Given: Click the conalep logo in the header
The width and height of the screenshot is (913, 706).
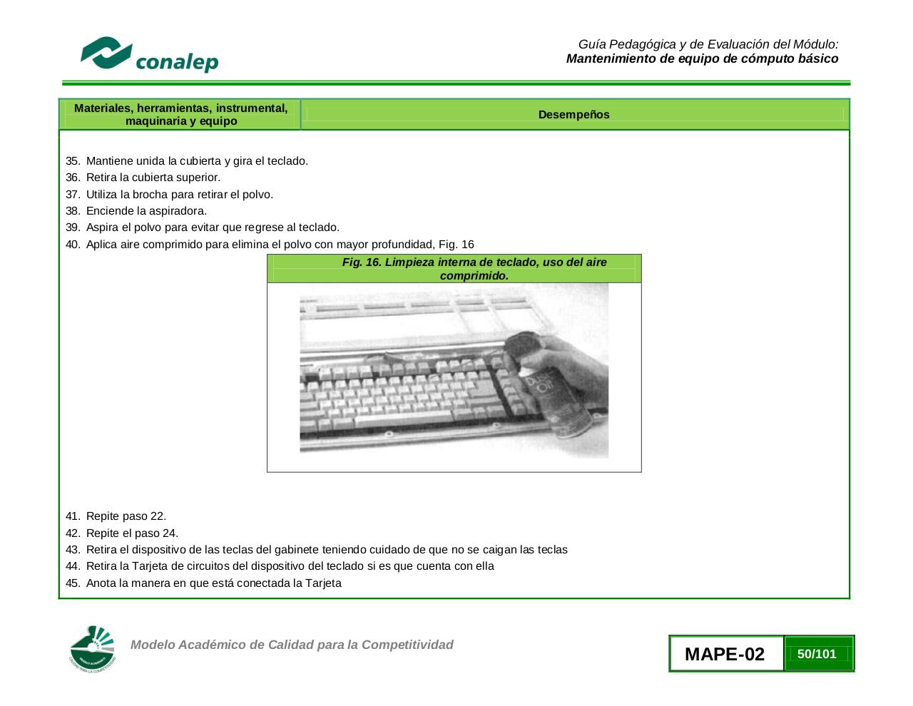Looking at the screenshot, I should pyautogui.click(x=149, y=55).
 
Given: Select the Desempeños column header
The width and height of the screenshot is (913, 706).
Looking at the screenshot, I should pyautogui.click(x=573, y=115).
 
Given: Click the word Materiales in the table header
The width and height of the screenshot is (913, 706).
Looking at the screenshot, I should pyautogui.click(x=103, y=108).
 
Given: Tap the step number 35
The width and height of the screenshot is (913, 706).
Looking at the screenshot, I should pyautogui.click(x=72, y=161).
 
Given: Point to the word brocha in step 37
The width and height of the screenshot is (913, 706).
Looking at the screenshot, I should pyautogui.click(x=153, y=195).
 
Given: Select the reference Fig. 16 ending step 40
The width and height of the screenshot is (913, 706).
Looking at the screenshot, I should pyautogui.click(x=456, y=245).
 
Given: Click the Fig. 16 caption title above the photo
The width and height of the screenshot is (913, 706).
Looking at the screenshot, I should pyautogui.click(x=474, y=269).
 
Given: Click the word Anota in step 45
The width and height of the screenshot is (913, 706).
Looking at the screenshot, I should pyautogui.click(x=102, y=583).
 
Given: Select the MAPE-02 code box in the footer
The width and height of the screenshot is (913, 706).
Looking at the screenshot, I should pyautogui.click(x=725, y=654).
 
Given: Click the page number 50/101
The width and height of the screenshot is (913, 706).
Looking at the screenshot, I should pyautogui.click(x=817, y=654).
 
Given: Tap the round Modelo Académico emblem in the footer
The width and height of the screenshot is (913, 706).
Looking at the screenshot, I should pyautogui.click(x=92, y=649).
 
